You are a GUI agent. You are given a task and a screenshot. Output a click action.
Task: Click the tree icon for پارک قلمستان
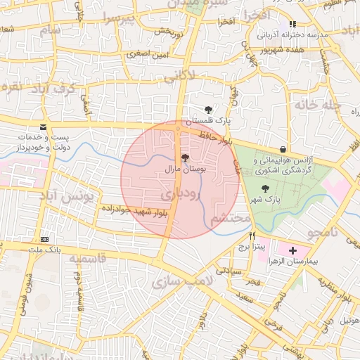(x=208, y=110)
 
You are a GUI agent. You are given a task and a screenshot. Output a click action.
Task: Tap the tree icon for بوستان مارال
(x=185, y=158)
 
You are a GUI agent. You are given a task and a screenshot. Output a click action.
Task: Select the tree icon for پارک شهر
(x=265, y=188)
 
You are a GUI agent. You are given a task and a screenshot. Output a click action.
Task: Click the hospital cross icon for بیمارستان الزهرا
(x=292, y=250)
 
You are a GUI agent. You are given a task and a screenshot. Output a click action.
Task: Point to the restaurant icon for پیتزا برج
(x=252, y=236)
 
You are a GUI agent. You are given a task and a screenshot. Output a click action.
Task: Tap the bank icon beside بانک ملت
(x=44, y=239)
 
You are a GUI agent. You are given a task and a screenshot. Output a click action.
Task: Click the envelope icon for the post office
(x=44, y=127)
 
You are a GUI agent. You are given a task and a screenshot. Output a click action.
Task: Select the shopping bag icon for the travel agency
(x=283, y=149)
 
